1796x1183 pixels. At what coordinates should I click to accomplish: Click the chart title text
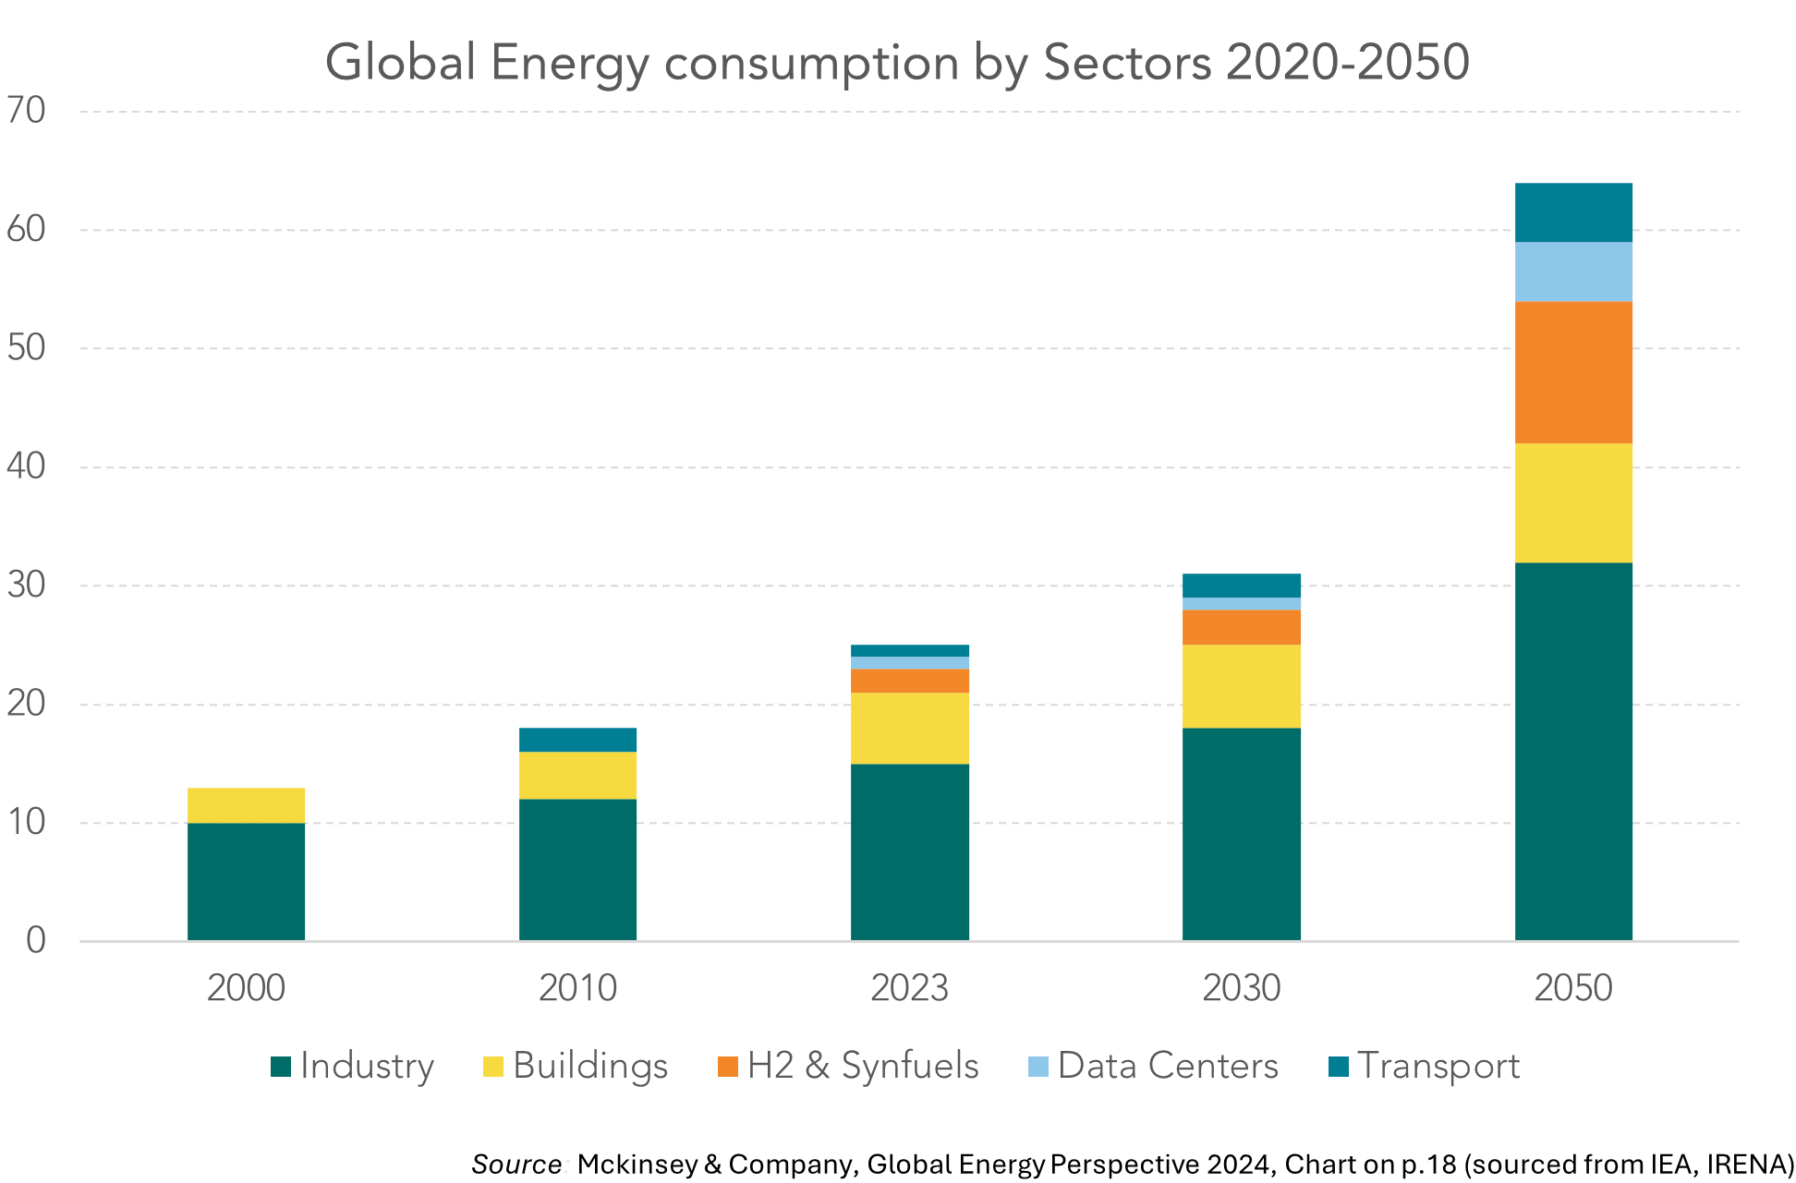pyautogui.click(x=896, y=63)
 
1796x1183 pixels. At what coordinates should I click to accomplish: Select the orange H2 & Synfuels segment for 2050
pyautogui.click(x=1573, y=372)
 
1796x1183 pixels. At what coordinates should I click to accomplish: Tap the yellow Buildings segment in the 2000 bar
pyautogui.click(x=247, y=805)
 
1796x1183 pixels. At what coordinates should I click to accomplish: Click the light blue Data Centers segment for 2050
pyautogui.click(x=1573, y=272)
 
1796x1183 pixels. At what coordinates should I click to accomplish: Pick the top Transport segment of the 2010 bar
pyautogui.click(x=577, y=740)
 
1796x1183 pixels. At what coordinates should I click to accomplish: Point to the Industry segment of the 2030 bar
pyautogui.click(x=1242, y=834)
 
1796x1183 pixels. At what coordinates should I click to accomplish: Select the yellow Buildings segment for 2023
pyautogui.click(x=910, y=728)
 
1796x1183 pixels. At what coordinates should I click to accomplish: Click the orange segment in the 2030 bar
pyautogui.click(x=1242, y=627)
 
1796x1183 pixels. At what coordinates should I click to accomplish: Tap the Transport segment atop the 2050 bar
pyautogui.click(x=1573, y=212)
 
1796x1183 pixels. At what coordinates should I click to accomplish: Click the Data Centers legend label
pyautogui.click(x=1168, y=1066)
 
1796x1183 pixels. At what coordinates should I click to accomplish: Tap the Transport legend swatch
pyautogui.click(x=1338, y=1067)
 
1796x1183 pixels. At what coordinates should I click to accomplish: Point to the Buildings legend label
pyautogui.click(x=589, y=1066)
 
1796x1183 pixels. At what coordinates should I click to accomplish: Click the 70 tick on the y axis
pyautogui.click(x=26, y=111)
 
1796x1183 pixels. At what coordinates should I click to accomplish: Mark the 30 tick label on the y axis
pyautogui.click(x=26, y=585)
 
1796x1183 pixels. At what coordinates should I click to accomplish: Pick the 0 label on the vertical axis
pyautogui.click(x=35, y=940)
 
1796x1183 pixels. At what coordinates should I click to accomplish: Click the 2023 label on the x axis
pyautogui.click(x=909, y=988)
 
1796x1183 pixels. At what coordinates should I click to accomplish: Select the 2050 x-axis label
pyautogui.click(x=1572, y=988)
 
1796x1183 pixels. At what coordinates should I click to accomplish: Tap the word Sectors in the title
pyautogui.click(x=1126, y=63)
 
